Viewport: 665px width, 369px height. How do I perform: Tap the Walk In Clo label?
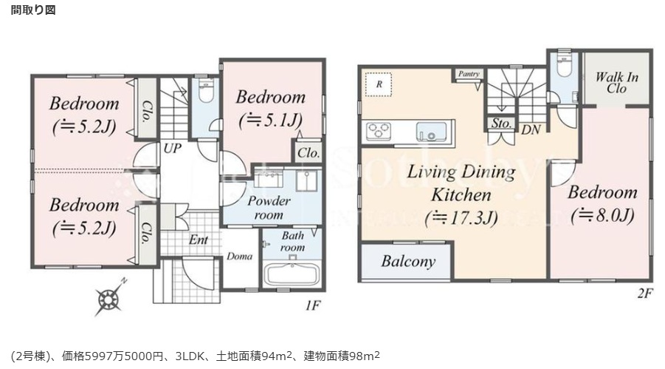tap(616, 82)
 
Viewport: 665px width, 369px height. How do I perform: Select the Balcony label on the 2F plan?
tap(408, 261)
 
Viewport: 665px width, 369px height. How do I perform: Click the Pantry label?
tap(469, 74)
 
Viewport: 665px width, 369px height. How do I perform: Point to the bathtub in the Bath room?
tap(291, 274)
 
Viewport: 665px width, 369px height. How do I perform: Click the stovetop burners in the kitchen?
tap(379, 131)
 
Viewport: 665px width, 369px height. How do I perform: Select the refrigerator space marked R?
tap(379, 84)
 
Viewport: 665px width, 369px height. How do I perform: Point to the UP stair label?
tap(173, 147)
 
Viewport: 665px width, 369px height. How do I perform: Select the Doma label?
tap(240, 257)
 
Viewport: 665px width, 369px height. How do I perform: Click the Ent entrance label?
tap(198, 240)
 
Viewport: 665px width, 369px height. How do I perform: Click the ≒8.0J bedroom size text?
tap(602, 216)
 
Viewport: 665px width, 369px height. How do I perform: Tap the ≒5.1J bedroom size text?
tap(270, 118)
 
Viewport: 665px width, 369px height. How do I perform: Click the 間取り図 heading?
tap(32, 10)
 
